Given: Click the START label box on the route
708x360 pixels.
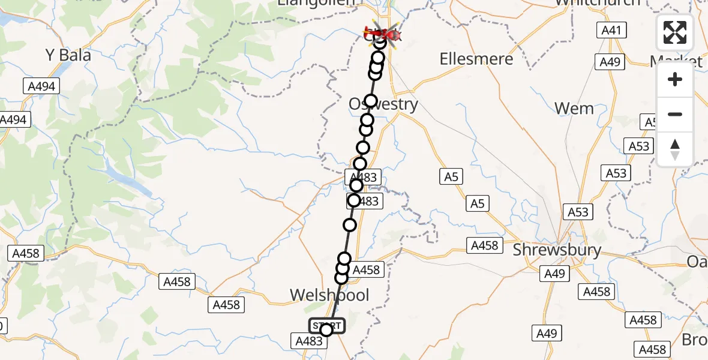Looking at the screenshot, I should pos(327,325).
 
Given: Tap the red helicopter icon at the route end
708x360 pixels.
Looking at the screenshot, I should pos(382,34).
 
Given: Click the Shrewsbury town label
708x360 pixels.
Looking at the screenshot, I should pos(556,250).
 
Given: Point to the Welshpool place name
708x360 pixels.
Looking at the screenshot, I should pos(329,295).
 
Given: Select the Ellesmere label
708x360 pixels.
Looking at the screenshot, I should pos(476,59).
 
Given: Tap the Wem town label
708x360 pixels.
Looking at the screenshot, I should pos(574,109).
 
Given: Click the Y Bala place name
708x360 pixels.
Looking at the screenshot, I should pos(68,55).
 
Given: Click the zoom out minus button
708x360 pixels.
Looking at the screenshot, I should pos(675,115).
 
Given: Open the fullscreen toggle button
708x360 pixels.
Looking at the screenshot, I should pos(675,32).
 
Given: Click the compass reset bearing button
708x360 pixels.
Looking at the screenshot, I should pos(675,149).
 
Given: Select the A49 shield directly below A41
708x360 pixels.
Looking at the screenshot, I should pos(611,62).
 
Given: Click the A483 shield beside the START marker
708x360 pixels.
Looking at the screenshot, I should pos(309,341).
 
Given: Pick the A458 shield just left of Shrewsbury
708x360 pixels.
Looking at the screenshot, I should pos(485,245).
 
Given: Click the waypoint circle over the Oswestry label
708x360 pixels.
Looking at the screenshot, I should pos(371,101).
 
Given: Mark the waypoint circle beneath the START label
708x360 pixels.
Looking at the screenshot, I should pos(326,330).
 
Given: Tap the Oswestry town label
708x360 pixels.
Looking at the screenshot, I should pos(383,104).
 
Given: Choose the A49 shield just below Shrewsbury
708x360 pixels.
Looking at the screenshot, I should pos(554,274).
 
